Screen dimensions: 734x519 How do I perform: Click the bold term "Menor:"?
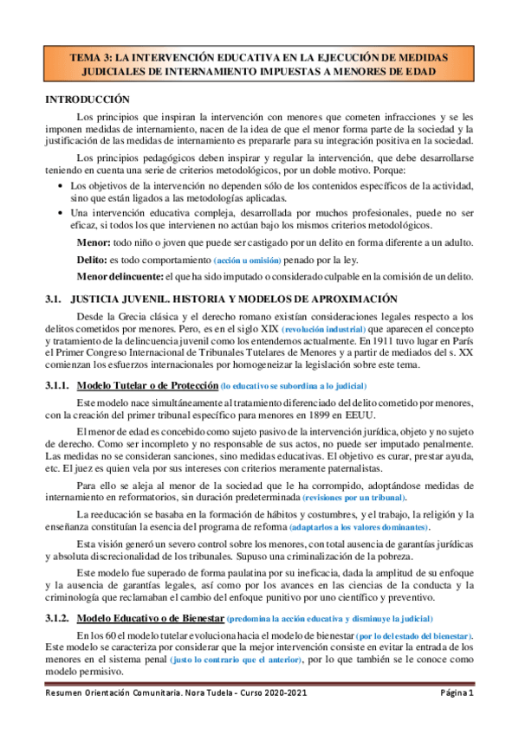pyautogui.click(x=94, y=243)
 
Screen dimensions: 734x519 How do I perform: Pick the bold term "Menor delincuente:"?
pyautogui.click(x=122, y=278)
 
